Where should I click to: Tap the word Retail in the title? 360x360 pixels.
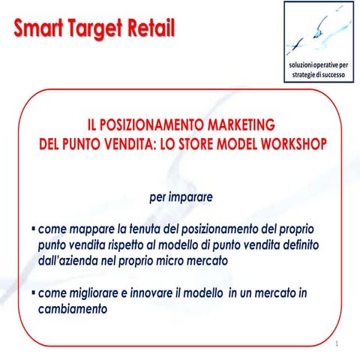coord(147,30)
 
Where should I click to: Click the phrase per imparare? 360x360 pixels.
coord(181,198)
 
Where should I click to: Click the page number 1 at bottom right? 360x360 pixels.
coord(339,344)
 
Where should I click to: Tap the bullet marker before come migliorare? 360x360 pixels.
coord(32,292)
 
